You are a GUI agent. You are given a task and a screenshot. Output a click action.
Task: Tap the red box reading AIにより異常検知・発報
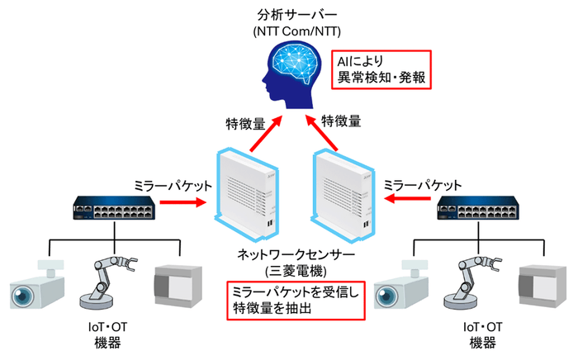click(381, 69)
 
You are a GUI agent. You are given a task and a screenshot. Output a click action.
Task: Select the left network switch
click(114, 209)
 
